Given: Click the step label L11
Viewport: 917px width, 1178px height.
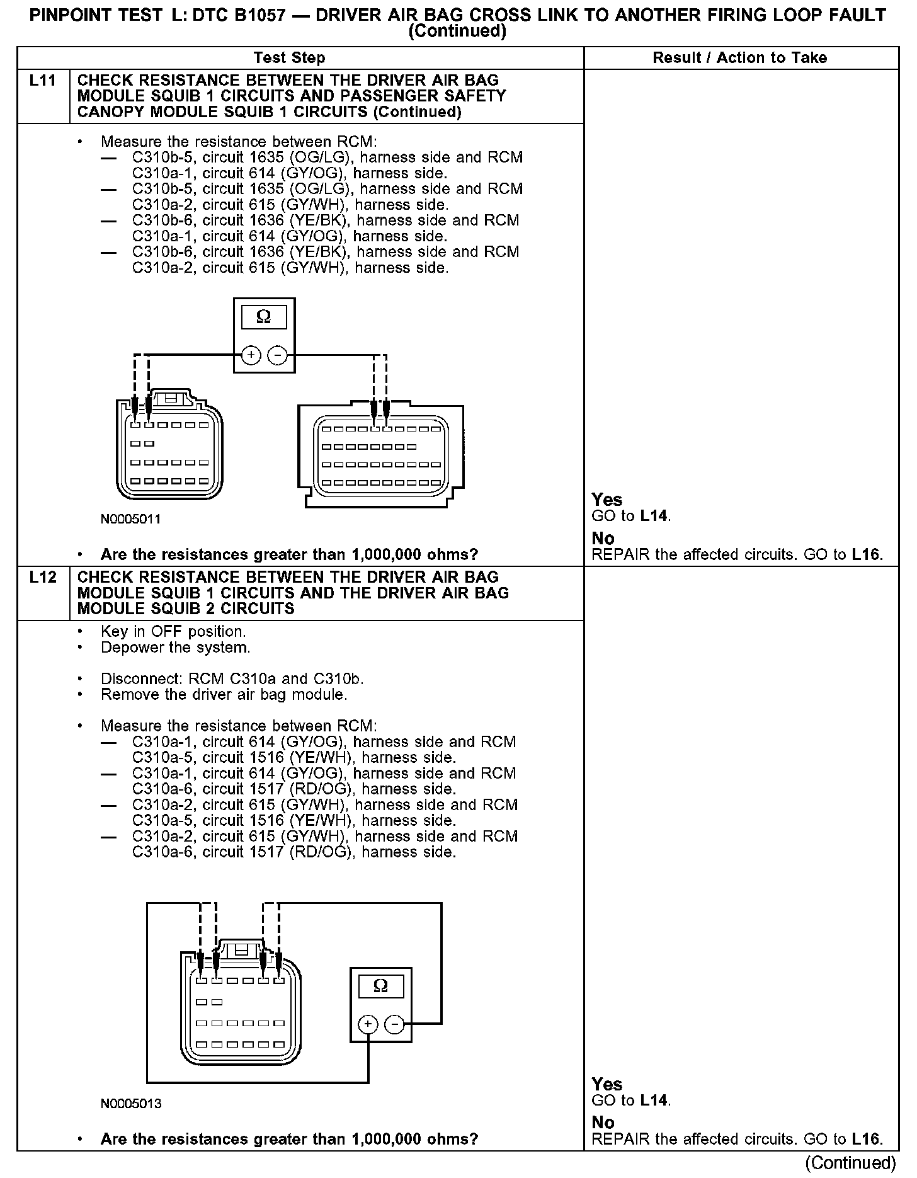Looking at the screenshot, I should (x=42, y=81).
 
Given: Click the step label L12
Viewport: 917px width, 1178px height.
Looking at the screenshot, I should (x=42, y=577).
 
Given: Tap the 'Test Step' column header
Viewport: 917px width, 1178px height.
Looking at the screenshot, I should (x=289, y=58).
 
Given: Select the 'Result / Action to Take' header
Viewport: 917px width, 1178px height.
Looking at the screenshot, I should (x=739, y=58).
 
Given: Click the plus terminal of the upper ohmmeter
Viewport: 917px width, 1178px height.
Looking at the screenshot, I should (x=251, y=355).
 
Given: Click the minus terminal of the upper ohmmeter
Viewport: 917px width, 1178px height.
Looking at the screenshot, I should (x=277, y=355).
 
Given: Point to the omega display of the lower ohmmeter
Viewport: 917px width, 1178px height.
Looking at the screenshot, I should (x=380, y=986).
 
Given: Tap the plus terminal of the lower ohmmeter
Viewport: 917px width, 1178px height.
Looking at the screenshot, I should (x=368, y=1025).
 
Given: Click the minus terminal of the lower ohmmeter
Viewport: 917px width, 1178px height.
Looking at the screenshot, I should (x=395, y=1025).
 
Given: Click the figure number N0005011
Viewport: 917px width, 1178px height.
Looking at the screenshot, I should (x=130, y=519).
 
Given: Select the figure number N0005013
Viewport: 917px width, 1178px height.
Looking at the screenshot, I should (x=130, y=1104).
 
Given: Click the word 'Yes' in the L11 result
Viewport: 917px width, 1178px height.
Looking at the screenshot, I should (x=607, y=500).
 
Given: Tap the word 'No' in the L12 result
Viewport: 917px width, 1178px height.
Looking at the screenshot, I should (x=603, y=1123).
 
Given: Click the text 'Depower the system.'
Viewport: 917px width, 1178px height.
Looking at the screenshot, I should (x=176, y=648).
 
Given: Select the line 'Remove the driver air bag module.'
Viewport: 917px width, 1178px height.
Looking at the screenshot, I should (x=224, y=695).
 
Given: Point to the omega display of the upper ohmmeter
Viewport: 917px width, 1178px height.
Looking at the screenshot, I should (x=263, y=317).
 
